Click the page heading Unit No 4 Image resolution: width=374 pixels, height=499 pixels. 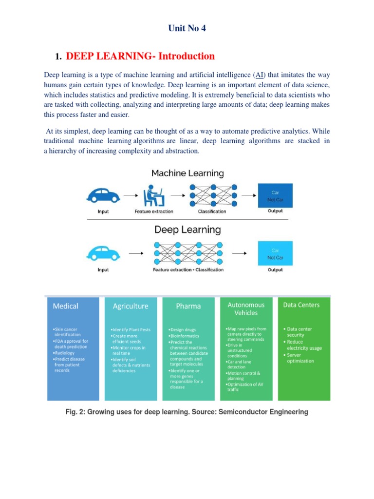pyautogui.click(x=187, y=28)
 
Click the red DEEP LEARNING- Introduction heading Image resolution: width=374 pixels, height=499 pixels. pyautogui.click(x=140, y=56)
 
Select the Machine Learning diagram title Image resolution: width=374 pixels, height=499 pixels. pyautogui.click(x=187, y=173)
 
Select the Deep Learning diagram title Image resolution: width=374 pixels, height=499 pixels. pyautogui.click(x=187, y=229)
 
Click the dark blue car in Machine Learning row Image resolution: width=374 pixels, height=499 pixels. pyautogui.click(x=103, y=195)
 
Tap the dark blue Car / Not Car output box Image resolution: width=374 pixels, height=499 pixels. pyautogui.click(x=275, y=195)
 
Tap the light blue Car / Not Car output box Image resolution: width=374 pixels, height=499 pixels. pyautogui.click(x=275, y=253)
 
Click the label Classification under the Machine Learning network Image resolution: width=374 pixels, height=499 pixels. pyautogui.click(x=212, y=211)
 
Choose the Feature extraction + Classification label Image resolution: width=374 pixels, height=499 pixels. pyautogui.click(x=188, y=269)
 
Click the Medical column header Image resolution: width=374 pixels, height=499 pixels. pyautogui.click(x=65, y=306)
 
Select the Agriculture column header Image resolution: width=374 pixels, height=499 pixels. pyautogui.click(x=131, y=307)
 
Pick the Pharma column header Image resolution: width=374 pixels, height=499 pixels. pyautogui.click(x=188, y=307)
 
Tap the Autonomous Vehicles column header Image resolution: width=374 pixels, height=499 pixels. pyautogui.click(x=246, y=308)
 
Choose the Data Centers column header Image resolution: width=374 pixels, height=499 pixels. pyautogui.click(x=301, y=305)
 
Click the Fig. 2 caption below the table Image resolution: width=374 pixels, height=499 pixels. pyautogui.click(x=187, y=412)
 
